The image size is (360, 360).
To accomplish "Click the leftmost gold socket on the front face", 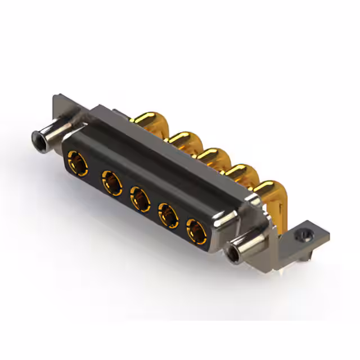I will coord(77,164).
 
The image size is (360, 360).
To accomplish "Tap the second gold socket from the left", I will coord(111,183).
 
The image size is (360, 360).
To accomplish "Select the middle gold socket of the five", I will coord(139,199).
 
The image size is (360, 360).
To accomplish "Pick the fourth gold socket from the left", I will coord(168,215).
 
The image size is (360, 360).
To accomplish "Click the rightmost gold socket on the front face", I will coord(196,231).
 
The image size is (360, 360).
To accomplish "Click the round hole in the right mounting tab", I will coord(305,232).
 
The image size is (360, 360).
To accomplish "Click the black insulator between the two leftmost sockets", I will coord(94,172).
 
